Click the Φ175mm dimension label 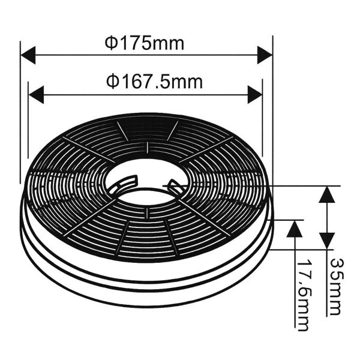point(145,43)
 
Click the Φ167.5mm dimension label point(154,82)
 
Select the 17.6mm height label point(302,295)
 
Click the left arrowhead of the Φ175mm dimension point(28,55)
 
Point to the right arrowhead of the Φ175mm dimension point(265,55)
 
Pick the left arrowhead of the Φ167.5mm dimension point(36,95)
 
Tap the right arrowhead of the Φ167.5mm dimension point(255,95)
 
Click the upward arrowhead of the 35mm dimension point(327,194)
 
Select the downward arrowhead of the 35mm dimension point(327,241)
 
